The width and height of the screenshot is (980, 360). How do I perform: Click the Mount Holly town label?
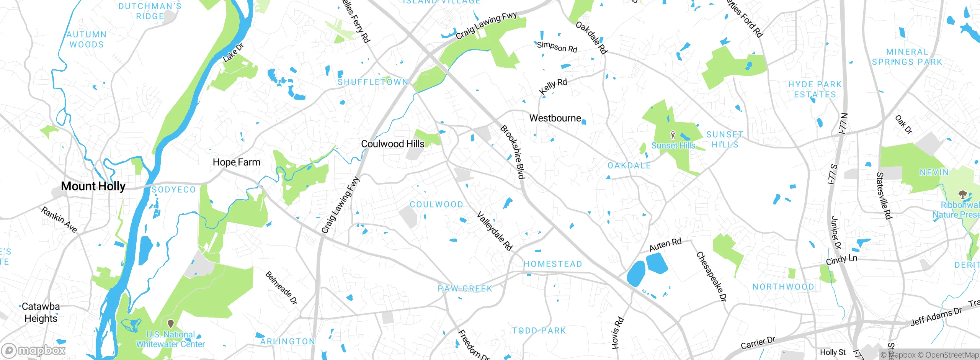93,186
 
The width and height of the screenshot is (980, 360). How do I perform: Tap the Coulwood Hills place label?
393,144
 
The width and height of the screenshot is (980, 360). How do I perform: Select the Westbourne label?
555,118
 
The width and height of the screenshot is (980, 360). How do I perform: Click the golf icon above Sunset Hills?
673,135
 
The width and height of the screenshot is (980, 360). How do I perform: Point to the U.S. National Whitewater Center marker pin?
171,324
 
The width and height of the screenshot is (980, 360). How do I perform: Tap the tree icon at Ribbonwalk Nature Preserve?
962,195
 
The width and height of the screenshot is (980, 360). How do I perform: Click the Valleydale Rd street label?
494,231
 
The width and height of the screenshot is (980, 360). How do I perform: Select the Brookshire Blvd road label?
512,152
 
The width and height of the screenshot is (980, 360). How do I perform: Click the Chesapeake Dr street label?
711,276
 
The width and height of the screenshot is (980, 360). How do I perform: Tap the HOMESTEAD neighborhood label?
553,264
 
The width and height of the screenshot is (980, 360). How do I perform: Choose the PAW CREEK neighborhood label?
465,288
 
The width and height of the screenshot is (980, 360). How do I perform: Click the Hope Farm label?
237,162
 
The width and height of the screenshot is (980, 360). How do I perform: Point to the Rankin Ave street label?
59,220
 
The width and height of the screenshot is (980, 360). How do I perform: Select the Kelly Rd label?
553,86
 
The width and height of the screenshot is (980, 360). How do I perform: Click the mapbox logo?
34,350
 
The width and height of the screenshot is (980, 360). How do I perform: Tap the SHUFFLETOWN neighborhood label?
372,82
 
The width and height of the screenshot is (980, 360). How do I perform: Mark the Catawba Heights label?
41,312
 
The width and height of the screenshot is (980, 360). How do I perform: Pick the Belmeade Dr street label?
281,288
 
